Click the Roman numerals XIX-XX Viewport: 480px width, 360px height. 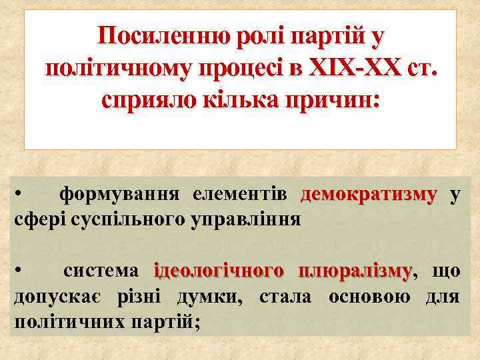(x=350, y=67)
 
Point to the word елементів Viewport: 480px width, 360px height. (x=239, y=194)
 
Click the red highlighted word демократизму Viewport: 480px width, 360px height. (x=369, y=194)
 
